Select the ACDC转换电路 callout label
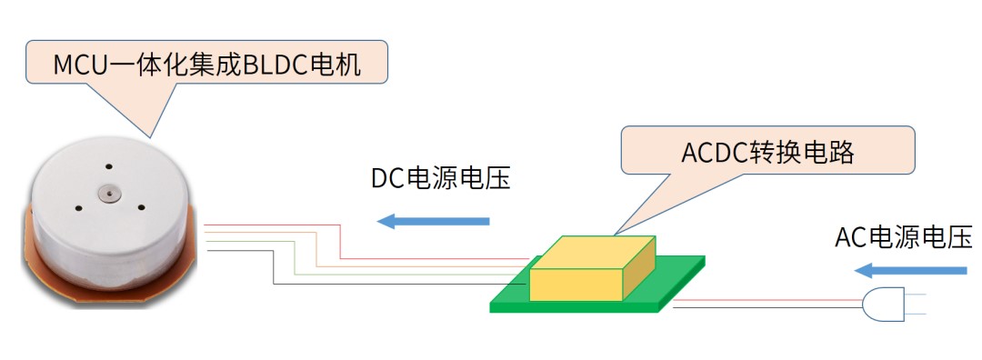coord(767,152)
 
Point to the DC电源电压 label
coord(441,178)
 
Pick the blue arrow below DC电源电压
coord(434,220)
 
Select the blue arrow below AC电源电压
coord(911,270)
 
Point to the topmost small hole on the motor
coord(107,167)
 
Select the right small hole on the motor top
coord(143,206)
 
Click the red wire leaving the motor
coord(273,225)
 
